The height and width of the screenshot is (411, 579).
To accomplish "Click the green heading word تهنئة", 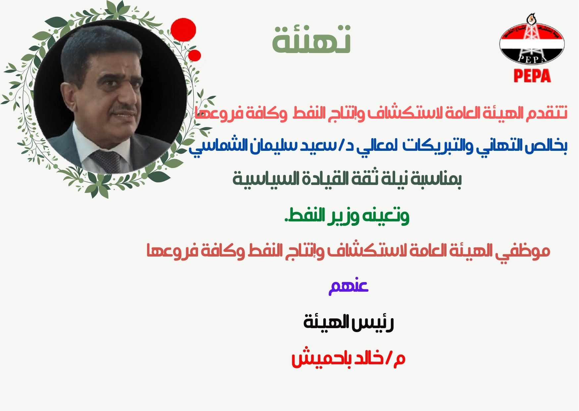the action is pos(312,40).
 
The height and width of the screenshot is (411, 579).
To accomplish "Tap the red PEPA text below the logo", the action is pos(532,76).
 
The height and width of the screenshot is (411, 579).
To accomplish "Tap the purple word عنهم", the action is pos(348,287).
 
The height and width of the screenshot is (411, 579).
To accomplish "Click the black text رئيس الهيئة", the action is pos(349,323).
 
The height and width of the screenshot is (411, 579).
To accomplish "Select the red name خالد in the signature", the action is pos(368,359).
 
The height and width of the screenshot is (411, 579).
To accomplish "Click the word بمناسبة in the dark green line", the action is pos(437,179).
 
